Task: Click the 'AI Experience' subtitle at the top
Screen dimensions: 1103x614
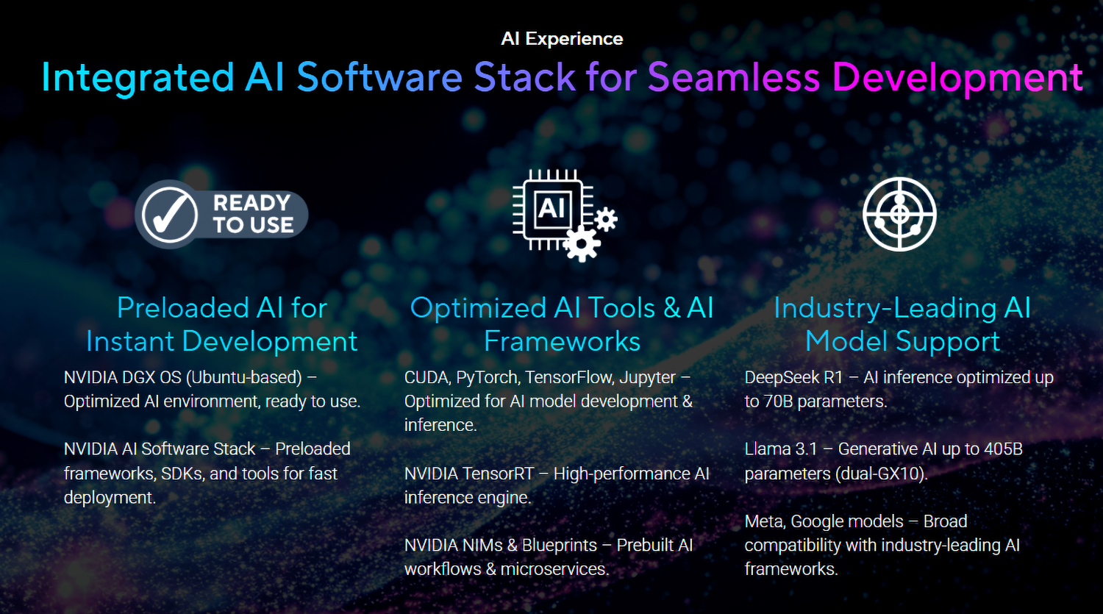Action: (562, 38)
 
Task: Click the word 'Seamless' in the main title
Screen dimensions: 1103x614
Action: (734, 76)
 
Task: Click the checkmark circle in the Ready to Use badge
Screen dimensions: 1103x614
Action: (169, 215)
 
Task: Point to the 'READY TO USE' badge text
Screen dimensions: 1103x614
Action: (253, 214)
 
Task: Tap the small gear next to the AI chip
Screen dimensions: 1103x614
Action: (606, 219)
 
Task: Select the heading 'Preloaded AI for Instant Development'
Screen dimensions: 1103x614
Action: (221, 324)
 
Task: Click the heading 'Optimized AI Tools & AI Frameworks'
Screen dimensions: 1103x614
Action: (562, 324)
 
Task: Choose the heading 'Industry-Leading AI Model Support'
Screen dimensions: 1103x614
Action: (902, 324)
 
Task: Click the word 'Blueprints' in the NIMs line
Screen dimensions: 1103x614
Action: (560, 546)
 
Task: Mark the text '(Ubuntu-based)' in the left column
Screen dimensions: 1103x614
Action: (243, 378)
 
